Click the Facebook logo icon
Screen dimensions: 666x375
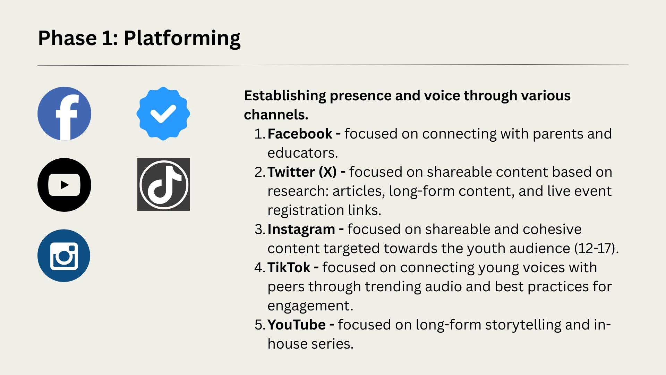pos(64,114)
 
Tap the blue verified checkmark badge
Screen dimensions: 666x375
pos(163,114)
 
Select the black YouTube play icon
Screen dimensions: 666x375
pos(64,185)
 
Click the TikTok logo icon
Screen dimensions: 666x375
pos(164,184)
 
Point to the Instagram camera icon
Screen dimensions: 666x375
pos(64,256)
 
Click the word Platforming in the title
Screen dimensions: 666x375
pos(182,39)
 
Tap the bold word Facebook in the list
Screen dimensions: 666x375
pos(300,134)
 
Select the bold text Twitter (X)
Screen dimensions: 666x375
pos(302,172)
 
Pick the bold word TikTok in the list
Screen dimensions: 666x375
pos(289,268)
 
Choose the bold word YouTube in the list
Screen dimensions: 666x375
pos(297,325)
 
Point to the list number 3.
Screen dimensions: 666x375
pos(259,230)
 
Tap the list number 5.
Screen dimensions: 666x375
pos(259,325)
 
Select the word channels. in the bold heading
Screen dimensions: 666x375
pos(276,115)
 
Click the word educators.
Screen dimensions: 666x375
pos(302,153)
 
